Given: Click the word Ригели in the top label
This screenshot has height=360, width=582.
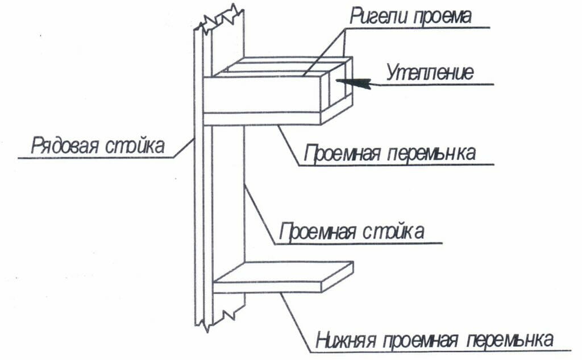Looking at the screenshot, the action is tap(377, 16).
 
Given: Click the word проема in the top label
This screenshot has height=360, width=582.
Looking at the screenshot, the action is tap(440, 17).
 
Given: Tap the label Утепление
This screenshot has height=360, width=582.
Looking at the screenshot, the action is tap(430, 72).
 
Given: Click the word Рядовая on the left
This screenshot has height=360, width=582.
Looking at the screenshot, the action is tap(65, 145).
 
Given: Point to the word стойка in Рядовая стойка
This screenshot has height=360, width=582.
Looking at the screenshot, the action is tap(134, 145).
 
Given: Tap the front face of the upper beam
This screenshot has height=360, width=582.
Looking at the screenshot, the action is tap(261, 94).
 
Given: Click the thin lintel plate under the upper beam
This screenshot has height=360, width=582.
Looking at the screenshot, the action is tap(261, 118).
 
